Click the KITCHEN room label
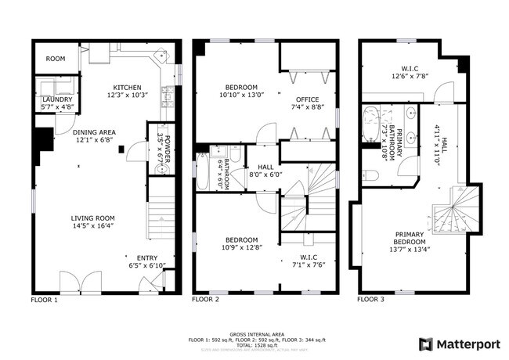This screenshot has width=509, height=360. tap(126, 87)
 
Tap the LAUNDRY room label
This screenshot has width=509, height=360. tap(57, 99)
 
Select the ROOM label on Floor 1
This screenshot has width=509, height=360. tap(55, 59)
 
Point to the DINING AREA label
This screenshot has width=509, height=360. tap(92, 131)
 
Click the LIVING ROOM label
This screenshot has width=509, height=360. tap(93, 218)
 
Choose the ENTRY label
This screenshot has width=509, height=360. tap(146, 257)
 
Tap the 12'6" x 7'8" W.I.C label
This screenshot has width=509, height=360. tap(410, 77)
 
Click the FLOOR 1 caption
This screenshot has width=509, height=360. tap(44, 300)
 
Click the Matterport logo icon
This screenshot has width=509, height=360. tap(425, 343)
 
